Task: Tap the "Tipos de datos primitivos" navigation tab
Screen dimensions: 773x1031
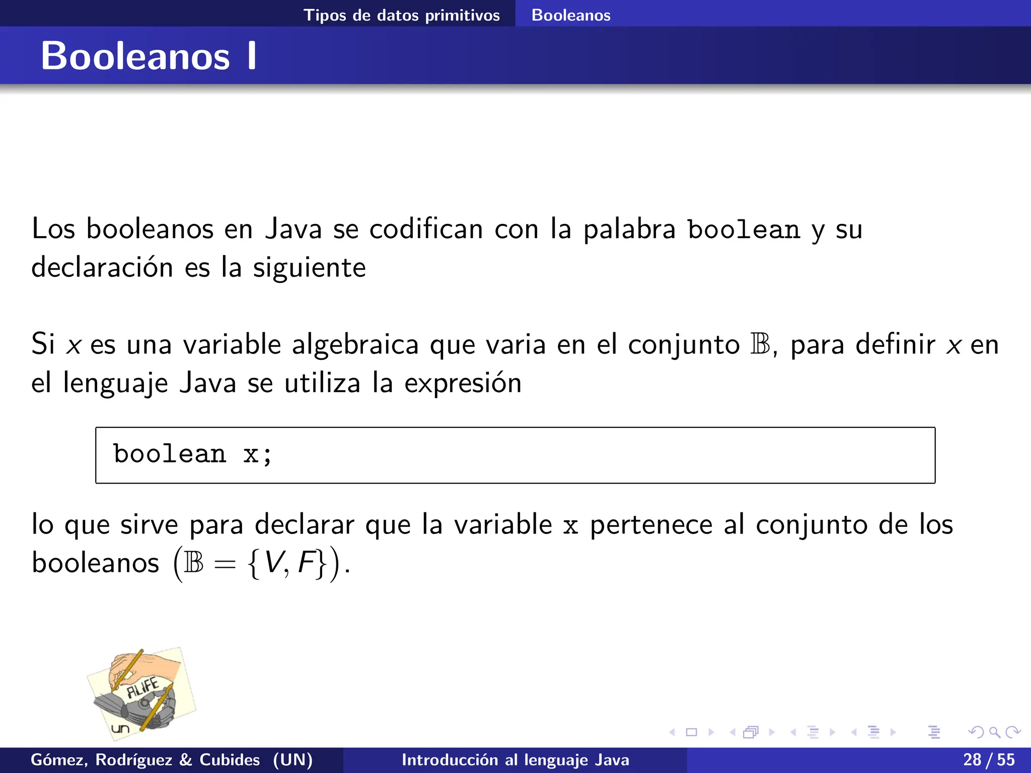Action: point(401,15)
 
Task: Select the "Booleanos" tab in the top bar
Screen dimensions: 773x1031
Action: point(571,15)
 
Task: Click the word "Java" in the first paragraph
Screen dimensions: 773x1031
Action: point(293,229)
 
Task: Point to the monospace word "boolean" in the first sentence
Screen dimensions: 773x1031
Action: point(744,230)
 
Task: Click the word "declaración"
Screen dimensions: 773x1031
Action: point(102,267)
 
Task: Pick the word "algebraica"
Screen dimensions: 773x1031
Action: point(355,345)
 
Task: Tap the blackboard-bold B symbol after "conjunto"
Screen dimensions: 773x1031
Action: point(760,344)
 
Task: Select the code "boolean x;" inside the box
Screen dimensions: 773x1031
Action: point(193,454)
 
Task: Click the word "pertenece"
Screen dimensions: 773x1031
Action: point(651,525)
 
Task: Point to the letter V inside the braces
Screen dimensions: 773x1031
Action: point(274,562)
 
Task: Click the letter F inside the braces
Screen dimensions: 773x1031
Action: point(306,562)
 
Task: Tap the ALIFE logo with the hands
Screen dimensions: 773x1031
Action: point(141,693)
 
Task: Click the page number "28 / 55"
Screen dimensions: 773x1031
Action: point(989,759)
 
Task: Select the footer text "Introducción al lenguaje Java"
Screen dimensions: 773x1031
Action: point(515,760)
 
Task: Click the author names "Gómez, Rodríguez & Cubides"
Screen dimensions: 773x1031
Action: point(145,760)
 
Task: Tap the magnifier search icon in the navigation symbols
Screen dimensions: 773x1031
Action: point(994,732)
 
